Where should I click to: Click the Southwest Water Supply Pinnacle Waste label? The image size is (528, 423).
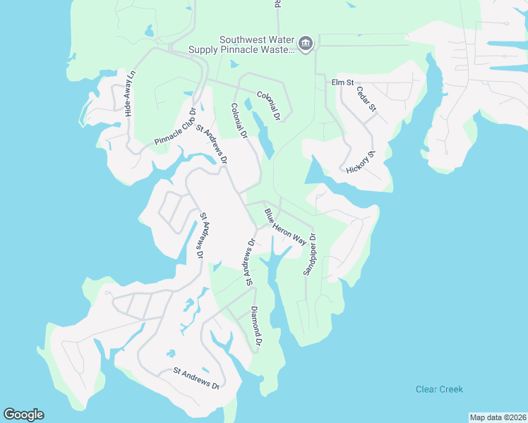point(239,45)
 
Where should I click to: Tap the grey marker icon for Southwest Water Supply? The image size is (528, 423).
point(306,44)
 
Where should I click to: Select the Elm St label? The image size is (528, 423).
point(342,82)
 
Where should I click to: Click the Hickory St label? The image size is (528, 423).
point(360,163)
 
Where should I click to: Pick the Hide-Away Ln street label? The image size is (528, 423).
point(130,93)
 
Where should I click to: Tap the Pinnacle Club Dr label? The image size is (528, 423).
point(175,127)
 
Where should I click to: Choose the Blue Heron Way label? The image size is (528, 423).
point(285,226)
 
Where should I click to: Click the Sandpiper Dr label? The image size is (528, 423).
point(309,255)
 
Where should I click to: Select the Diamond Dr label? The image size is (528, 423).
point(256,326)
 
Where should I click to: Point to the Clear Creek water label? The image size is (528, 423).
point(439,389)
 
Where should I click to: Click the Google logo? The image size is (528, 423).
point(23,415)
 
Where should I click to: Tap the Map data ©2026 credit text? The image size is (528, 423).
point(498,417)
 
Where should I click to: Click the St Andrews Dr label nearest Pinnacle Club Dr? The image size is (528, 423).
point(212,144)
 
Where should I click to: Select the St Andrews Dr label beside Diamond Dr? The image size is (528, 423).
point(249,262)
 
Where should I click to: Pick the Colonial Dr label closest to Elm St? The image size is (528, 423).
point(269,104)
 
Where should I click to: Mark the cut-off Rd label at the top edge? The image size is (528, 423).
point(277,4)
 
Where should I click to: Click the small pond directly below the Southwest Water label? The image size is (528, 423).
point(234,64)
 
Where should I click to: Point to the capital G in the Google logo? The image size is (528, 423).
point(9,415)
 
